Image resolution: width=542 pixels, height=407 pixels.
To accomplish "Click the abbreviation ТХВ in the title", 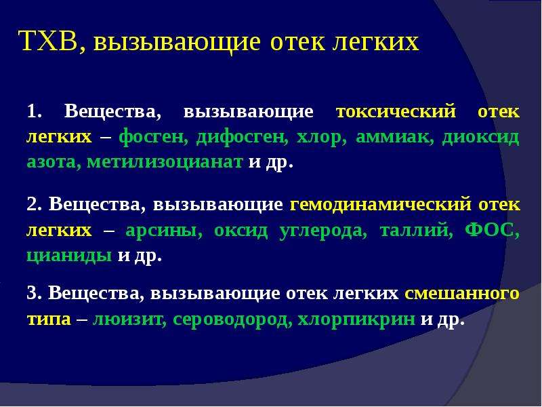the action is pyautogui.click(x=48, y=41).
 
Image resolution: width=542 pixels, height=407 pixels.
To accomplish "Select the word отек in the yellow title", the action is pyautogui.click(x=297, y=43).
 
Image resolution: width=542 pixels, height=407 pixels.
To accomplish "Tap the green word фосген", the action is pyautogui.click(x=150, y=138).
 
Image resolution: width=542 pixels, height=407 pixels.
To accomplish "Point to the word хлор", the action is pyautogui.click(x=321, y=138).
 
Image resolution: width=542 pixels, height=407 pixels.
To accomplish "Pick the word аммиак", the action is pyautogui.click(x=394, y=137).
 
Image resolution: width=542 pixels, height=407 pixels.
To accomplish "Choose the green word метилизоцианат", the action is pyautogui.click(x=165, y=161).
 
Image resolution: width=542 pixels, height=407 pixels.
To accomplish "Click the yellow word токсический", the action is pyautogui.click(x=396, y=112).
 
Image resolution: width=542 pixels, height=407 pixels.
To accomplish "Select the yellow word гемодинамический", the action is pyautogui.click(x=381, y=204).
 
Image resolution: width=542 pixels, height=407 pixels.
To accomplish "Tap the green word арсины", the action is pyautogui.click(x=163, y=230).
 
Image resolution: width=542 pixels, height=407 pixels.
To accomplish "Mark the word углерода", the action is pyautogui.click(x=322, y=230).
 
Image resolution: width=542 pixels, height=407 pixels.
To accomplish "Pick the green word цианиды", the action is pyautogui.click(x=69, y=256).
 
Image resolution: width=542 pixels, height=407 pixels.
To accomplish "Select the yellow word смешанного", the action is pyautogui.click(x=462, y=293).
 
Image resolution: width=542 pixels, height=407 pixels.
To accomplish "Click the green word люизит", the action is pyautogui.click(x=127, y=318).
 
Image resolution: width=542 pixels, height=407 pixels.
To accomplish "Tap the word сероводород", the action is pyautogui.click(x=230, y=319).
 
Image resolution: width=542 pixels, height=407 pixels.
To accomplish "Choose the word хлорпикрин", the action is pyautogui.click(x=356, y=319).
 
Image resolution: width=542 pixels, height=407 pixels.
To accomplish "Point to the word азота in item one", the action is pyautogui.click(x=54, y=162).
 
